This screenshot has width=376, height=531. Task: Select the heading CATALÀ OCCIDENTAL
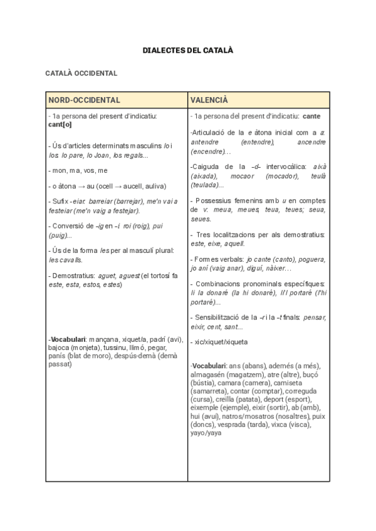click(x=81, y=73)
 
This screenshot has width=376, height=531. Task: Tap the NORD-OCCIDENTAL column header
click(x=85, y=100)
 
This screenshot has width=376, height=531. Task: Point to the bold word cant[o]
click(x=60, y=124)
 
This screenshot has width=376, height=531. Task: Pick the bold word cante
click(x=311, y=116)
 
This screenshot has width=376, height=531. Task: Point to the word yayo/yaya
click(x=206, y=433)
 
